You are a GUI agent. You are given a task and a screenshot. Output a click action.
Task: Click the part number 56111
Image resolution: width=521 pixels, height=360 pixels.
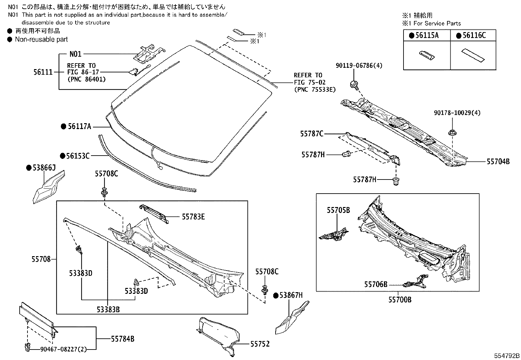(x=43, y=72)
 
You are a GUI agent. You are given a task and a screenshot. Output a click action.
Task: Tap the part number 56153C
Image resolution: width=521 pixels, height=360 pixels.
(x=79, y=156)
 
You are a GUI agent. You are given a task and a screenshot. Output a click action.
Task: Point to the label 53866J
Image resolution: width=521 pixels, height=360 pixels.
(x=44, y=168)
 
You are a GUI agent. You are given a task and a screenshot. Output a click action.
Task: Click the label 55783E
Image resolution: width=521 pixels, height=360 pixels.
(x=193, y=217)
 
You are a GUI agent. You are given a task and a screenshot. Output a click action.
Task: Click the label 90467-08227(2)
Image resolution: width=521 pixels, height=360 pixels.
(x=63, y=350)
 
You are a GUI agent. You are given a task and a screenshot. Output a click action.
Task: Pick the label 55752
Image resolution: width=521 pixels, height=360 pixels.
(x=260, y=344)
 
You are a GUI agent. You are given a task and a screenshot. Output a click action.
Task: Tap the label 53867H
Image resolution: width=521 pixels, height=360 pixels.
(x=291, y=295)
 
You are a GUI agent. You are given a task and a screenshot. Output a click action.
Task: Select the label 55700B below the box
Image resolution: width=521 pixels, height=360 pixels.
(x=400, y=300)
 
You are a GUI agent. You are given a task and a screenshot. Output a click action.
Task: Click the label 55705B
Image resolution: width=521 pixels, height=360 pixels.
(x=338, y=210)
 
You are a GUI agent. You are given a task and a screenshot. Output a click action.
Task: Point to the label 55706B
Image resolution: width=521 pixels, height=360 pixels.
(x=376, y=284)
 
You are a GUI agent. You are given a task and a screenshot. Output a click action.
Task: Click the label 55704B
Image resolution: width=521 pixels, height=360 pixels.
(x=498, y=161)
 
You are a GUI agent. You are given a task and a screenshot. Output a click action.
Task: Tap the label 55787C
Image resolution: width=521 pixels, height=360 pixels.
(x=312, y=134)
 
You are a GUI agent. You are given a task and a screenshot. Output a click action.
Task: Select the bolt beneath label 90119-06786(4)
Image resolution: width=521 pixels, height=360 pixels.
(x=354, y=84)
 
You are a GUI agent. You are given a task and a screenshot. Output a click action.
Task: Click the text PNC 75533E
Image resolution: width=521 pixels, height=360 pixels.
(x=314, y=89)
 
